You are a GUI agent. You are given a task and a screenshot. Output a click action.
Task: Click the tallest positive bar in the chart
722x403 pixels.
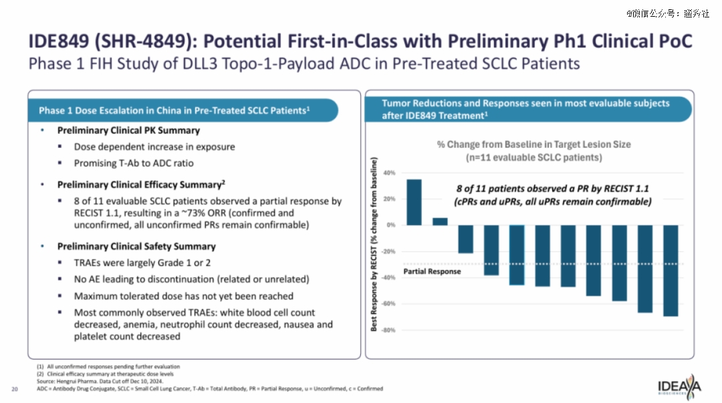414,202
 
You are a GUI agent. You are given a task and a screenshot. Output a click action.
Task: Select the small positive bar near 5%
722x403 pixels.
440,222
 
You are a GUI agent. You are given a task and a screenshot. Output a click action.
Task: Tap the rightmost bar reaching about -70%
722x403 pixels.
671,270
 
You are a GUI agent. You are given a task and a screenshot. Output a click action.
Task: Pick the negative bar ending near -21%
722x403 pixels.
466,239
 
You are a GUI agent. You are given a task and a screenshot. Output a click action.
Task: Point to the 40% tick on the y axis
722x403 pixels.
389,173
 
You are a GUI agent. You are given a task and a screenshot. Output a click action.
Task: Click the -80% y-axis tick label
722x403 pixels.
388,330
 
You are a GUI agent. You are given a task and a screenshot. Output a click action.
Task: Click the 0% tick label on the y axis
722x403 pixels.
390,225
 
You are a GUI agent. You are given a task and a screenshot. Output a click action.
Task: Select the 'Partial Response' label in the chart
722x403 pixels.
433,272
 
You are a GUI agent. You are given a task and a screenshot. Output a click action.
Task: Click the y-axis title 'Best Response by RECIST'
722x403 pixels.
374,244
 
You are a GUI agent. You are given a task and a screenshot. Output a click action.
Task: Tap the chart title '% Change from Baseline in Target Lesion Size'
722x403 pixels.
533,144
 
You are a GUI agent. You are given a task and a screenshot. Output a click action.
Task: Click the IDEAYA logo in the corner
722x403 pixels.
679,387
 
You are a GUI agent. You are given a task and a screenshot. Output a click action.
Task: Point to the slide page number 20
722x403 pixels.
15,388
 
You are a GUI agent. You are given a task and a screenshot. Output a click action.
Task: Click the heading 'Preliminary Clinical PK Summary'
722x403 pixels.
128,130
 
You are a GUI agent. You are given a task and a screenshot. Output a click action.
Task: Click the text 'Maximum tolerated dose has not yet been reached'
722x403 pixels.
183,296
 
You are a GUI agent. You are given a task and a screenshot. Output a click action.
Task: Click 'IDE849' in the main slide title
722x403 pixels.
59,42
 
